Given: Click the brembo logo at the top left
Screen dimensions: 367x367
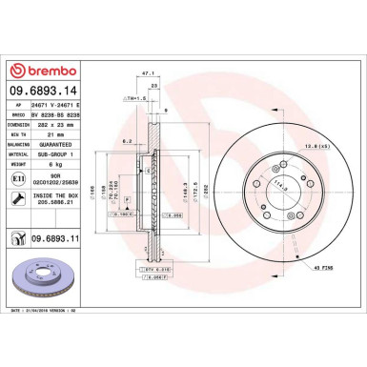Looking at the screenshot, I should [x=47, y=71].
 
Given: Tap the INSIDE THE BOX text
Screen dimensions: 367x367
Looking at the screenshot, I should [x=66, y=194].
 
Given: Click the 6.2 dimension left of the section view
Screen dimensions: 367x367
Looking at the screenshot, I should [x=126, y=140].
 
